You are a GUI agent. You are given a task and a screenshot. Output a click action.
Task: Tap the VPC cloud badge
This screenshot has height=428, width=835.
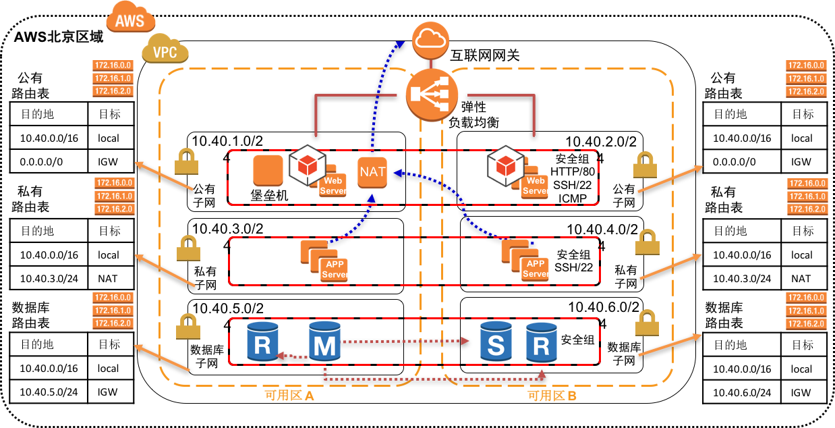pos(165,50)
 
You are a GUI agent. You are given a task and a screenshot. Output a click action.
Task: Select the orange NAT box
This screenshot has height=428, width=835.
pos(372,171)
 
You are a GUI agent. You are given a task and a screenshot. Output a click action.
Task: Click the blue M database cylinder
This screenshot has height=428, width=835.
pos(324,341)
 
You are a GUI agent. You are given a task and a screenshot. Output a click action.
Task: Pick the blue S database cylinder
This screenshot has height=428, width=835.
pos(496,341)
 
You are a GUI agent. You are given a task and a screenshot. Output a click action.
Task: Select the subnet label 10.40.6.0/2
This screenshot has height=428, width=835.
pos(603,307)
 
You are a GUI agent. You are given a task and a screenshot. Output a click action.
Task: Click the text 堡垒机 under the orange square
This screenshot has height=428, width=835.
pos(269,195)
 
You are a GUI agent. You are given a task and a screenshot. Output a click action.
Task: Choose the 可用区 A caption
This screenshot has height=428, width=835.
pos(289,396)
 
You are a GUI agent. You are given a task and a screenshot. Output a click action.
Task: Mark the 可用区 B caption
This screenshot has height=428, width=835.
pos(552,396)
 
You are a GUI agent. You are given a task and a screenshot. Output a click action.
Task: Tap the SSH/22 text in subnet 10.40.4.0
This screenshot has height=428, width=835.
pos(573,267)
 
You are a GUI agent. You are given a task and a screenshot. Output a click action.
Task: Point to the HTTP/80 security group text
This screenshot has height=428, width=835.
pos(573,172)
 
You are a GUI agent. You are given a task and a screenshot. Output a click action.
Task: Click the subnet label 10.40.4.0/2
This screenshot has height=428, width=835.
pos(602,230)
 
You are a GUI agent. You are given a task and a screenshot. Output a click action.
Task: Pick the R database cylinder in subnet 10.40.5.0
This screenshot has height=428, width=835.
pos(263,341)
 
